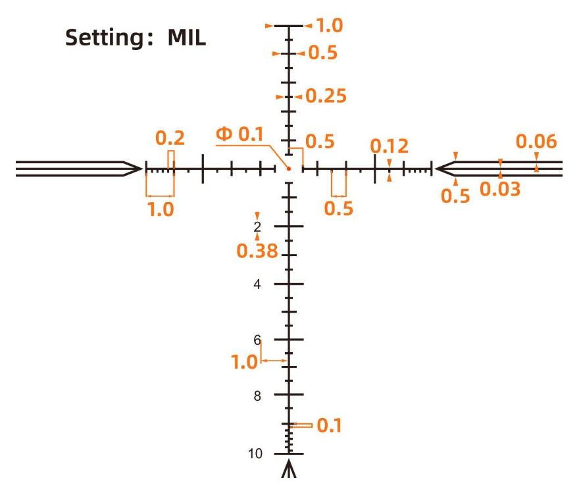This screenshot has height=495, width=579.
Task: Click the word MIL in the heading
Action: tap(186, 38)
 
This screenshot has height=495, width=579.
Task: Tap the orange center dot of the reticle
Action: tap(289, 169)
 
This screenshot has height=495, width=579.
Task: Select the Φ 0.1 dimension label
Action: tap(239, 134)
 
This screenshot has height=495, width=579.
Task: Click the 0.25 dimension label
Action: tap(326, 96)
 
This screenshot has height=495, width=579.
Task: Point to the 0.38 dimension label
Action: tap(257, 251)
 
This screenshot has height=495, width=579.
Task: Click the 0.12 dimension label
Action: tap(390, 146)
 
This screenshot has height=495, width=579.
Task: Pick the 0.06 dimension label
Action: tap(536, 142)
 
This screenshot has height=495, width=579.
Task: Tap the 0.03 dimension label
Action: tap(500, 189)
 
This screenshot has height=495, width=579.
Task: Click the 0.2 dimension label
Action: tap(170, 138)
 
